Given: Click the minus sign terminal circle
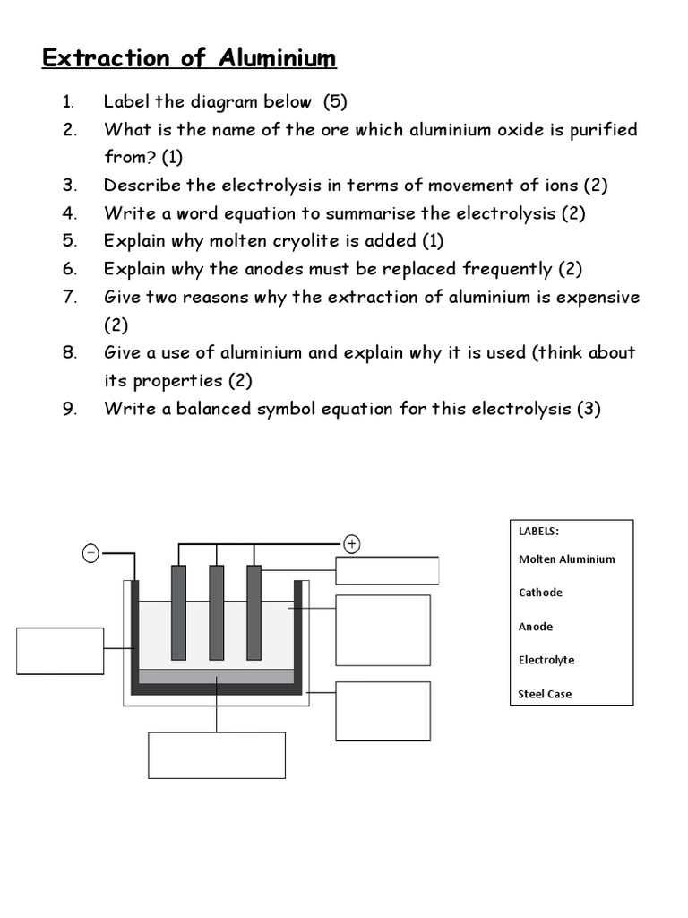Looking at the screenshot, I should pyautogui.click(x=90, y=553).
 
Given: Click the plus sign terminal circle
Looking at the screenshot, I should pyautogui.click(x=352, y=543).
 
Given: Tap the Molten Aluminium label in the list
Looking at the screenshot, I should pyautogui.click(x=566, y=559).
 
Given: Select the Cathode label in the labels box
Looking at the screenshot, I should pyautogui.click(x=540, y=593).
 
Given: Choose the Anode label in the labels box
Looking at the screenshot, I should pyautogui.click(x=536, y=627).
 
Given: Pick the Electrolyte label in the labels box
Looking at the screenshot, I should pyautogui.click(x=546, y=660).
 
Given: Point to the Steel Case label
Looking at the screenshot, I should pyautogui.click(x=545, y=694).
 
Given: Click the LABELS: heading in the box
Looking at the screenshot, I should pyautogui.click(x=539, y=531).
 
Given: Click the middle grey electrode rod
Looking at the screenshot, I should pyautogui.click(x=217, y=611).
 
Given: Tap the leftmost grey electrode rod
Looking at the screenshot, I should pyautogui.click(x=179, y=611).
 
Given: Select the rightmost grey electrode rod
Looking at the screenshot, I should pyautogui.click(x=254, y=611).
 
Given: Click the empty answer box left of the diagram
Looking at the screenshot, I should pyautogui.click(x=60, y=651).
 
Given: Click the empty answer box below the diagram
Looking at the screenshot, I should pyautogui.click(x=217, y=755).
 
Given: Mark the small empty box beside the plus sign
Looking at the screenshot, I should pyautogui.click(x=387, y=570).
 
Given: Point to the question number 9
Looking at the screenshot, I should pyautogui.click(x=70, y=409).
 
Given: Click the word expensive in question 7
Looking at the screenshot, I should pyautogui.click(x=598, y=297).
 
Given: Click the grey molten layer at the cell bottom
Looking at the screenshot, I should pyautogui.click(x=217, y=676).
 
